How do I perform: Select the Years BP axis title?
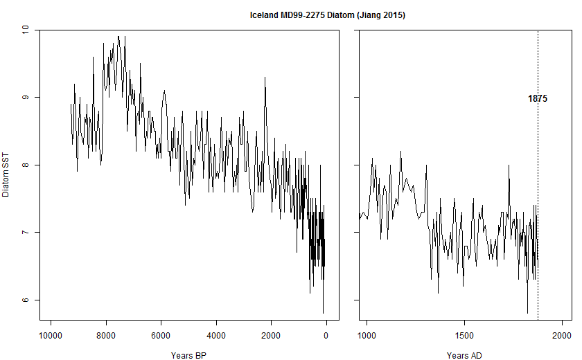(x=189, y=356)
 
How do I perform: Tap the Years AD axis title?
(x=464, y=356)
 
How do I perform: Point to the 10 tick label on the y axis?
(x=26, y=30)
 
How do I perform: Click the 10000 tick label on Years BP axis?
(x=50, y=336)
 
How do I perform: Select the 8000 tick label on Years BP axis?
(x=105, y=336)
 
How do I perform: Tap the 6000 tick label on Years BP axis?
(x=161, y=336)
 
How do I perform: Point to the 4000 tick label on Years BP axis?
(x=216, y=336)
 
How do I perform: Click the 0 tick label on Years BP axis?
(x=326, y=336)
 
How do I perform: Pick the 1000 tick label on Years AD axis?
(x=367, y=336)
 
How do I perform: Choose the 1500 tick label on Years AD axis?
(x=464, y=336)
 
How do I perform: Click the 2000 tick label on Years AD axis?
(x=561, y=336)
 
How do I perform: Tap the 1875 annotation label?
(x=538, y=99)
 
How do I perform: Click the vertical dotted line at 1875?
(x=538, y=208)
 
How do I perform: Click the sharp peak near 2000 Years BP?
(x=265, y=78)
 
